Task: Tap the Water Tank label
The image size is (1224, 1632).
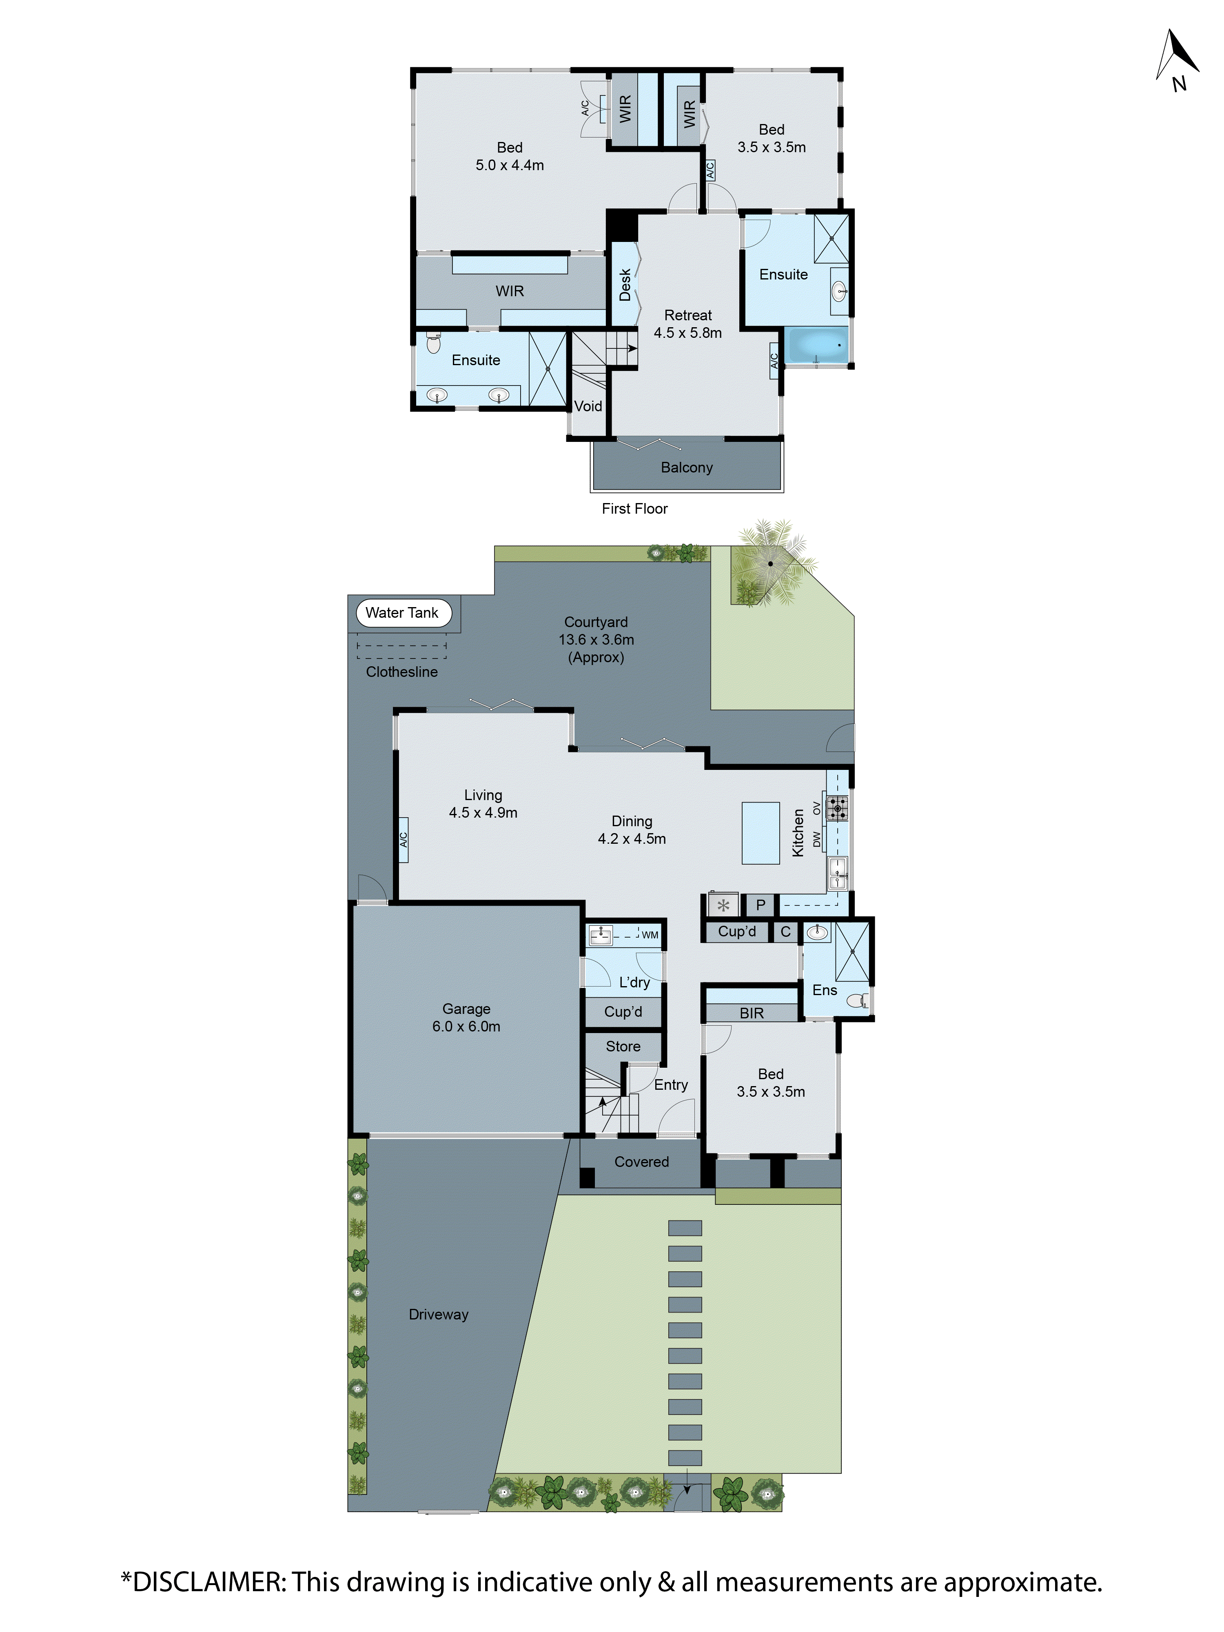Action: [x=402, y=612]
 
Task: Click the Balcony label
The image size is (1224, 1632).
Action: [x=686, y=467]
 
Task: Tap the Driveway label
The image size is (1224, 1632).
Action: [x=438, y=1314]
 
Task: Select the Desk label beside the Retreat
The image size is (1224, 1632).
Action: [x=625, y=284]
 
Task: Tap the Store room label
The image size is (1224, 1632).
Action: [x=623, y=1046]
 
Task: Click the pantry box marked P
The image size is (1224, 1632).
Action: [x=760, y=905]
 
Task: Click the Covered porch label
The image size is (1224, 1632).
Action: [x=641, y=1161]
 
